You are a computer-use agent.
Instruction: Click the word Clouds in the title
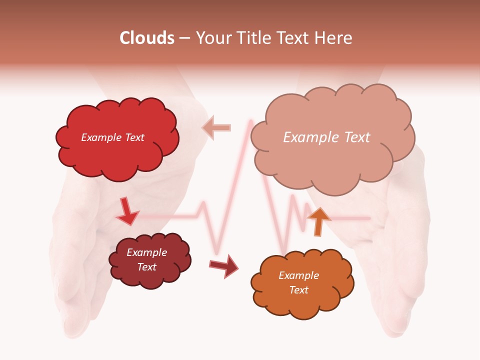147,38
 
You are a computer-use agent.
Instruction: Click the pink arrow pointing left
216,127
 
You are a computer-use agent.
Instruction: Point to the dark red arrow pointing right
224,265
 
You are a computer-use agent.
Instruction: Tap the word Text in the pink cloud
356,137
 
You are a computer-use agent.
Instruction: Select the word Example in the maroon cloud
146,252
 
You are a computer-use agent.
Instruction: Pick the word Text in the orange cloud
298,290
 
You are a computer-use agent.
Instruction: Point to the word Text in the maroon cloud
146,267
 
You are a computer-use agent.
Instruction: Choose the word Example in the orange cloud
298,275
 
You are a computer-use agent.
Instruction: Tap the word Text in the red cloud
133,137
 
